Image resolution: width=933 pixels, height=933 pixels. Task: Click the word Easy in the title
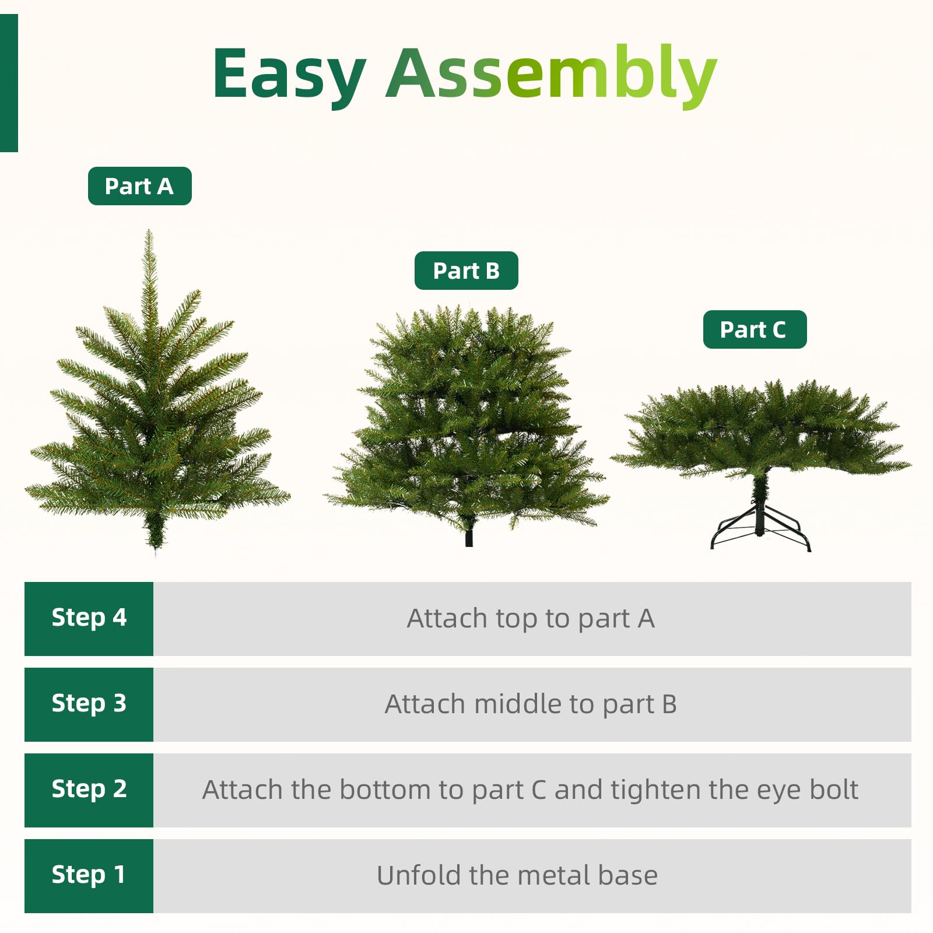tap(289, 75)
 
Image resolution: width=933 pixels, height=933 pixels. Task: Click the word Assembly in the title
tap(551, 75)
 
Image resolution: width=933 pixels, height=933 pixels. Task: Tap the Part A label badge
tap(139, 186)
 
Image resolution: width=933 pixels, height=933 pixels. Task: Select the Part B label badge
tap(466, 271)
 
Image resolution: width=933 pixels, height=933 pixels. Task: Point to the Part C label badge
tap(754, 329)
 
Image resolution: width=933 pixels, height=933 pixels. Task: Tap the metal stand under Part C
tap(760, 531)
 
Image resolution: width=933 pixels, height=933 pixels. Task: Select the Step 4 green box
tap(89, 618)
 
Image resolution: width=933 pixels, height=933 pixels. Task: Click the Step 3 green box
tap(89, 704)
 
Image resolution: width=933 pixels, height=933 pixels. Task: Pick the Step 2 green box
tap(89, 790)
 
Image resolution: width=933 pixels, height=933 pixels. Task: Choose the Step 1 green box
tap(89, 875)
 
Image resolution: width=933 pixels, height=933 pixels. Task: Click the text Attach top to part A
tap(531, 619)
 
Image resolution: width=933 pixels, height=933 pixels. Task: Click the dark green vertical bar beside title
tap(9, 83)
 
